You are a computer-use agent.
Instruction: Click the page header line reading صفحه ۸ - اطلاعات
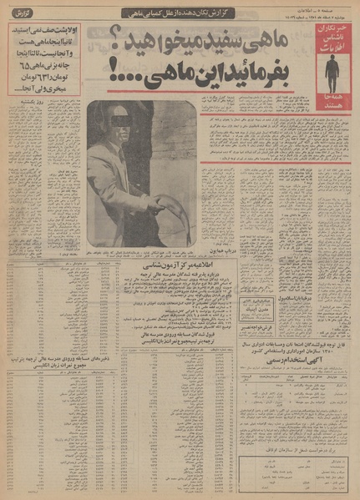[329, 6]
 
